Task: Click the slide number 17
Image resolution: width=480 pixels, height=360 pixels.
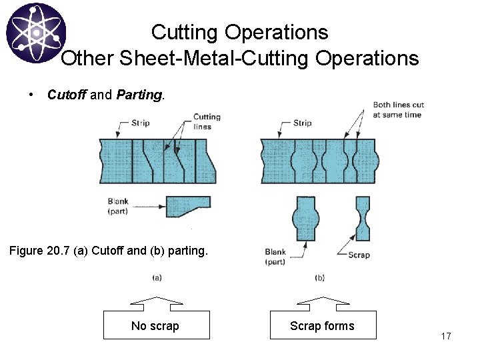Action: (x=446, y=336)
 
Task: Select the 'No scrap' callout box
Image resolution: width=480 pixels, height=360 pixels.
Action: (x=156, y=325)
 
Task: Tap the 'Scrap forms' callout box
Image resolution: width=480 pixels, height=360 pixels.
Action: (x=323, y=325)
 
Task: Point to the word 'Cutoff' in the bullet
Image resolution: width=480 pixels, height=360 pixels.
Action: (x=67, y=95)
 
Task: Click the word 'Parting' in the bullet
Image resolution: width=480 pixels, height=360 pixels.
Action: (x=139, y=95)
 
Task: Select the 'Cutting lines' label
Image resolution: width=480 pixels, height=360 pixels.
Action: (x=207, y=121)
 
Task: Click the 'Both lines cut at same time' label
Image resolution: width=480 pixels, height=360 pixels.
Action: (x=398, y=109)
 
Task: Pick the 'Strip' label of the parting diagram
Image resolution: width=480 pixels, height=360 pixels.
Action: (x=303, y=123)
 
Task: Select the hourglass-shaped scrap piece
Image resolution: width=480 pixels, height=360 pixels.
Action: (x=363, y=219)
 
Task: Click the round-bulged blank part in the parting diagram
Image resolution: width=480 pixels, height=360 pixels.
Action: (x=306, y=219)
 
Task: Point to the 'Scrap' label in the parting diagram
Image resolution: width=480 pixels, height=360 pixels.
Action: (x=359, y=255)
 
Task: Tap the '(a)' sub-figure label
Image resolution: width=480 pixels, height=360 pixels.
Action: (x=157, y=277)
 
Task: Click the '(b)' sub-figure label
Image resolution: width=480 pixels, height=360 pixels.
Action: (x=320, y=277)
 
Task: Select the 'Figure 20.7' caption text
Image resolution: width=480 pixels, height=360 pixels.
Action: (x=108, y=251)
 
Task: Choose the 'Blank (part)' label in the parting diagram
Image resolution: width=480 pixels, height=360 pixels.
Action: (x=275, y=256)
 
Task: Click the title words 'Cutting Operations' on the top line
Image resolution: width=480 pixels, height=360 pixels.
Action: (x=239, y=32)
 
